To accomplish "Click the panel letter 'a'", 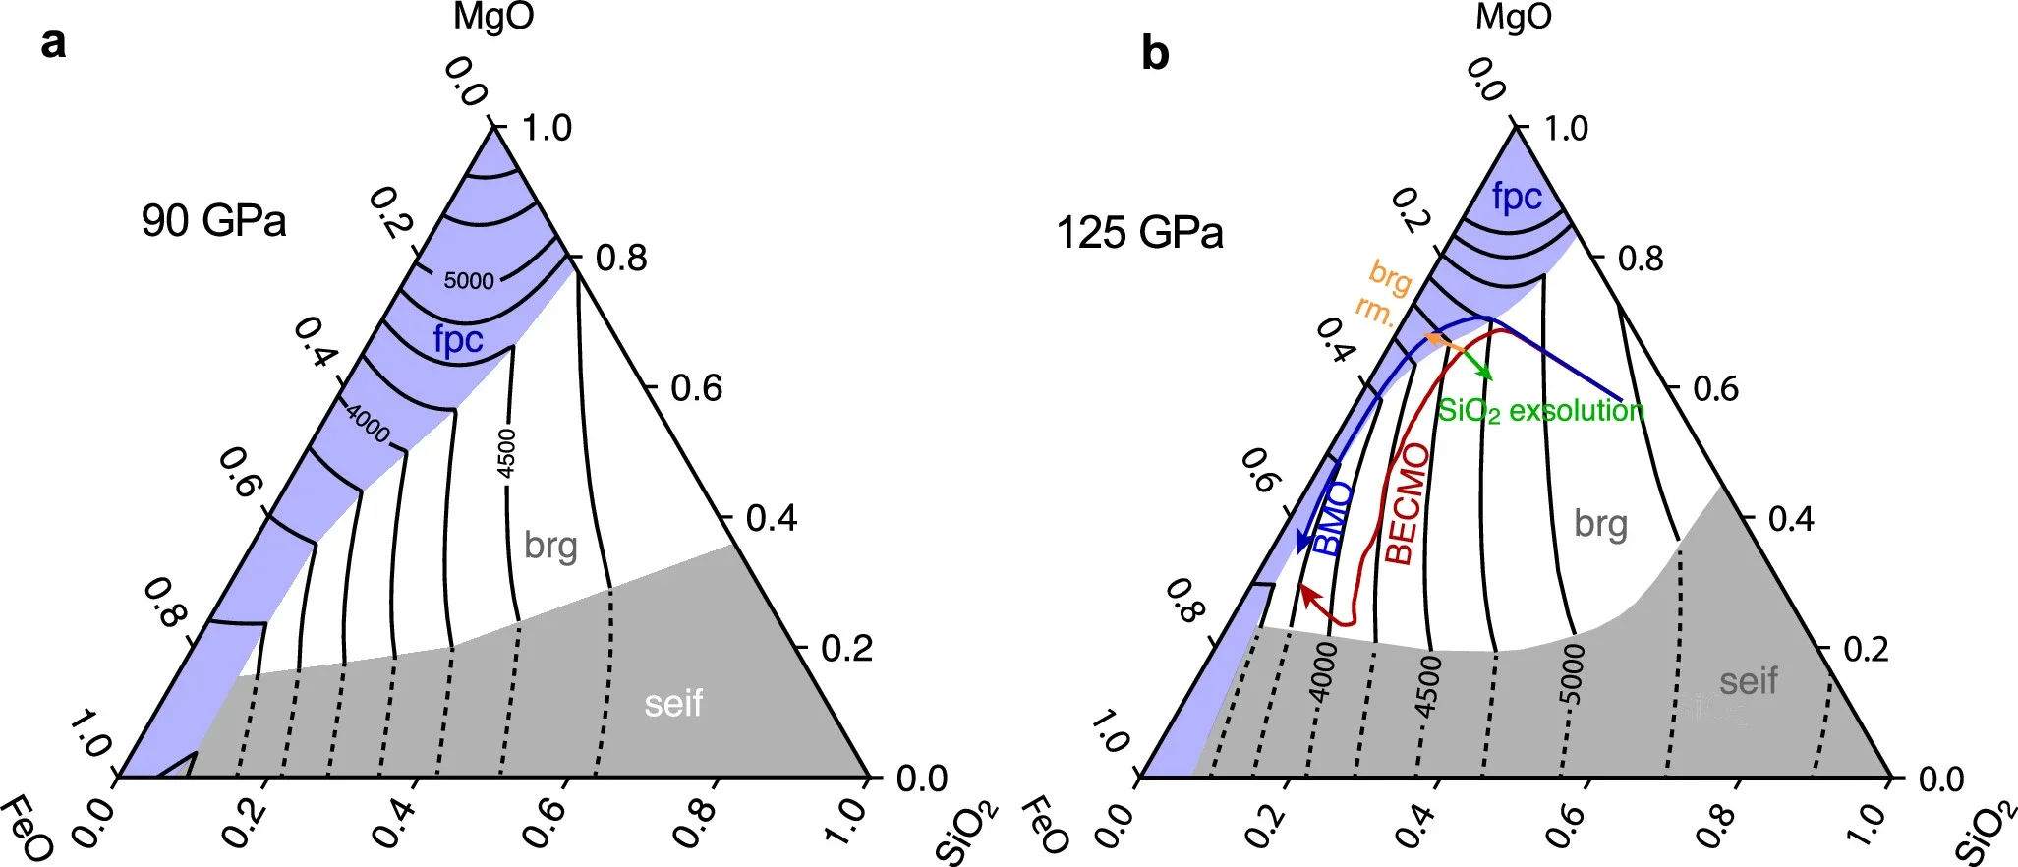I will pyautogui.click(x=54, y=44).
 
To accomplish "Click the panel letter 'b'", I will pyautogui.click(x=1155, y=53).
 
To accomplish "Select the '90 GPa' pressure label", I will pyautogui.click(x=213, y=220).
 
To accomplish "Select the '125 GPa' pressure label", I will pyautogui.click(x=1139, y=234).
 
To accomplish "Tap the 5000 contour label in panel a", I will pyautogui.click(x=469, y=281).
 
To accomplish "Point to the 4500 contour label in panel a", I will pyautogui.click(x=506, y=453).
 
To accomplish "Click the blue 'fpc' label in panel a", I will pyautogui.click(x=458, y=340).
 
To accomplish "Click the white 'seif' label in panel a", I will pyautogui.click(x=673, y=704).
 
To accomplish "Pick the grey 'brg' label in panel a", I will pyautogui.click(x=550, y=545).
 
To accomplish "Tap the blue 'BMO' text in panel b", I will pyautogui.click(x=1333, y=519).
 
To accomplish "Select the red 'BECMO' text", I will pyautogui.click(x=1406, y=503).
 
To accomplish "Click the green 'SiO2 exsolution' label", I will pyautogui.click(x=1540, y=410).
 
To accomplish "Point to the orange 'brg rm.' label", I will pyautogui.click(x=1384, y=293).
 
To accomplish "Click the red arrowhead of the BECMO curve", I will pyautogui.click(x=1306, y=592).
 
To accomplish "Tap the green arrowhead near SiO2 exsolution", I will pyautogui.click(x=1486, y=375).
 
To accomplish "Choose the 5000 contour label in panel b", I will pyautogui.click(x=1574, y=675).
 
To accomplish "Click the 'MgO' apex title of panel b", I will pyautogui.click(x=1513, y=18).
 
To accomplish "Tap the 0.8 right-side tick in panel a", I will pyautogui.click(x=621, y=259).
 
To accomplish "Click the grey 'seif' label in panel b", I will pyautogui.click(x=1748, y=681).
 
